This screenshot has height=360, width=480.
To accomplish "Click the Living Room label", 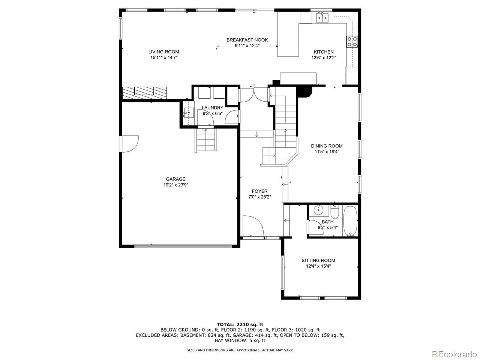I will point(163,52).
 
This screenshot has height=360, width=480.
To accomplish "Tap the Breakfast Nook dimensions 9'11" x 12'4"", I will point(247,45).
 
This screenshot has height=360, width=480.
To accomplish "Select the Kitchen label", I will point(323,52).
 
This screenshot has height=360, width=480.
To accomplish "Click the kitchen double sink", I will point(321,17).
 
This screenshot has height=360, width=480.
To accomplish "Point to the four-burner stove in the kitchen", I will point(352,41).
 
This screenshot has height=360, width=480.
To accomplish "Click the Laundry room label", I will point(212,108).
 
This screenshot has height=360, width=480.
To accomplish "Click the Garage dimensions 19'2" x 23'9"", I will point(175,185).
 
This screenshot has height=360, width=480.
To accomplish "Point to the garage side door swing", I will point(129,143).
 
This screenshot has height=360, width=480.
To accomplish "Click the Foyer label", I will point(259,191).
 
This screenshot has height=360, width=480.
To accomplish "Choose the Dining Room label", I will point(326,146).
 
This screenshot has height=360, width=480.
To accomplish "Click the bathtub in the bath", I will point(351,221).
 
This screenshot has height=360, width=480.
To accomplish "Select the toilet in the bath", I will point(334,212).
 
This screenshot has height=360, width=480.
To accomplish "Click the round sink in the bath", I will point(318,210).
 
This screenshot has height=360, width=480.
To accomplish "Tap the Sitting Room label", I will point(318,260).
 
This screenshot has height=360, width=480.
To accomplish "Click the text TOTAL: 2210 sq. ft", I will point(240,324).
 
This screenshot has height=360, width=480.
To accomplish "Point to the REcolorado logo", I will point(454,353).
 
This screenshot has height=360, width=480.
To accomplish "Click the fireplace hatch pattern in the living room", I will point(144,92).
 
